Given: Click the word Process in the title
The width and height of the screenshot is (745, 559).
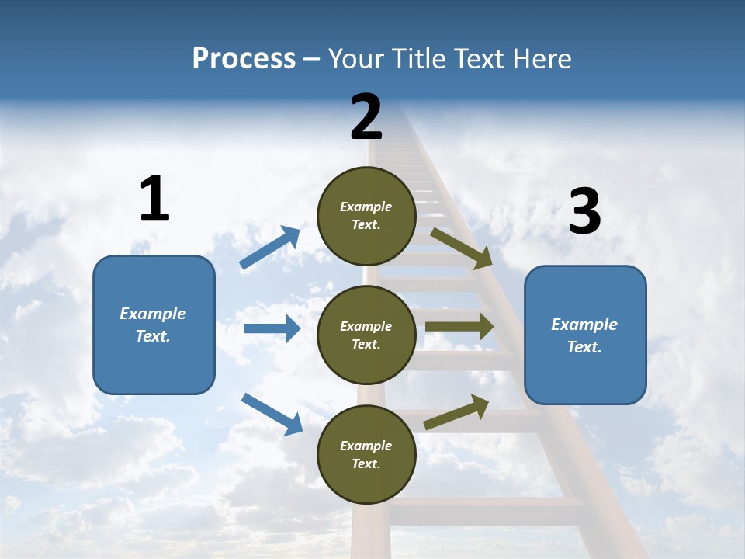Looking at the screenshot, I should coord(244,59).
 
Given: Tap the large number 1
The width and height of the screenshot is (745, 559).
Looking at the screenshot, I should coord(154,200).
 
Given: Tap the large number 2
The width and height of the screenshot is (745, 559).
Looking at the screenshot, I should coord(366,117).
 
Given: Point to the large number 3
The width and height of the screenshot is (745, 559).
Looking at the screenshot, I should coord(584,212).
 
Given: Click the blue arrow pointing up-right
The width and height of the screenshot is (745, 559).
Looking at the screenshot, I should coord(270,248).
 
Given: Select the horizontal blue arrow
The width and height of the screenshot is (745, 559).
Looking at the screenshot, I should coord(272,328).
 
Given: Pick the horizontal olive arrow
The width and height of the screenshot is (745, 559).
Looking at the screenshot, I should coord(459,326).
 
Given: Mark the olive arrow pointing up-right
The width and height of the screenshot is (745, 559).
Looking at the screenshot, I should coord(456,412).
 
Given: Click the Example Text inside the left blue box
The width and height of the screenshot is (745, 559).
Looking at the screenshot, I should coord(153,325).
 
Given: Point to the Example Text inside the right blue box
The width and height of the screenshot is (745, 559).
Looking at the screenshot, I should coord(584,335).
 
